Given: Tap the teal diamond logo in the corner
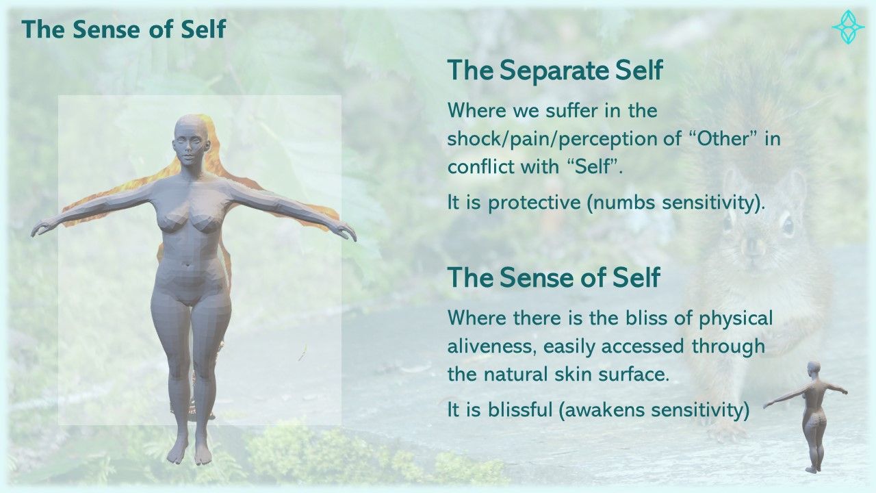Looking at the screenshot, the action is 848,27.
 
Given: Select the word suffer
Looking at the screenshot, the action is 571,111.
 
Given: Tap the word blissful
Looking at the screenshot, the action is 519,410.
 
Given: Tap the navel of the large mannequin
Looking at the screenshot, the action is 190,264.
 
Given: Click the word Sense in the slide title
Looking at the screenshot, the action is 105,29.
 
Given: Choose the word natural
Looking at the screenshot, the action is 516,375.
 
